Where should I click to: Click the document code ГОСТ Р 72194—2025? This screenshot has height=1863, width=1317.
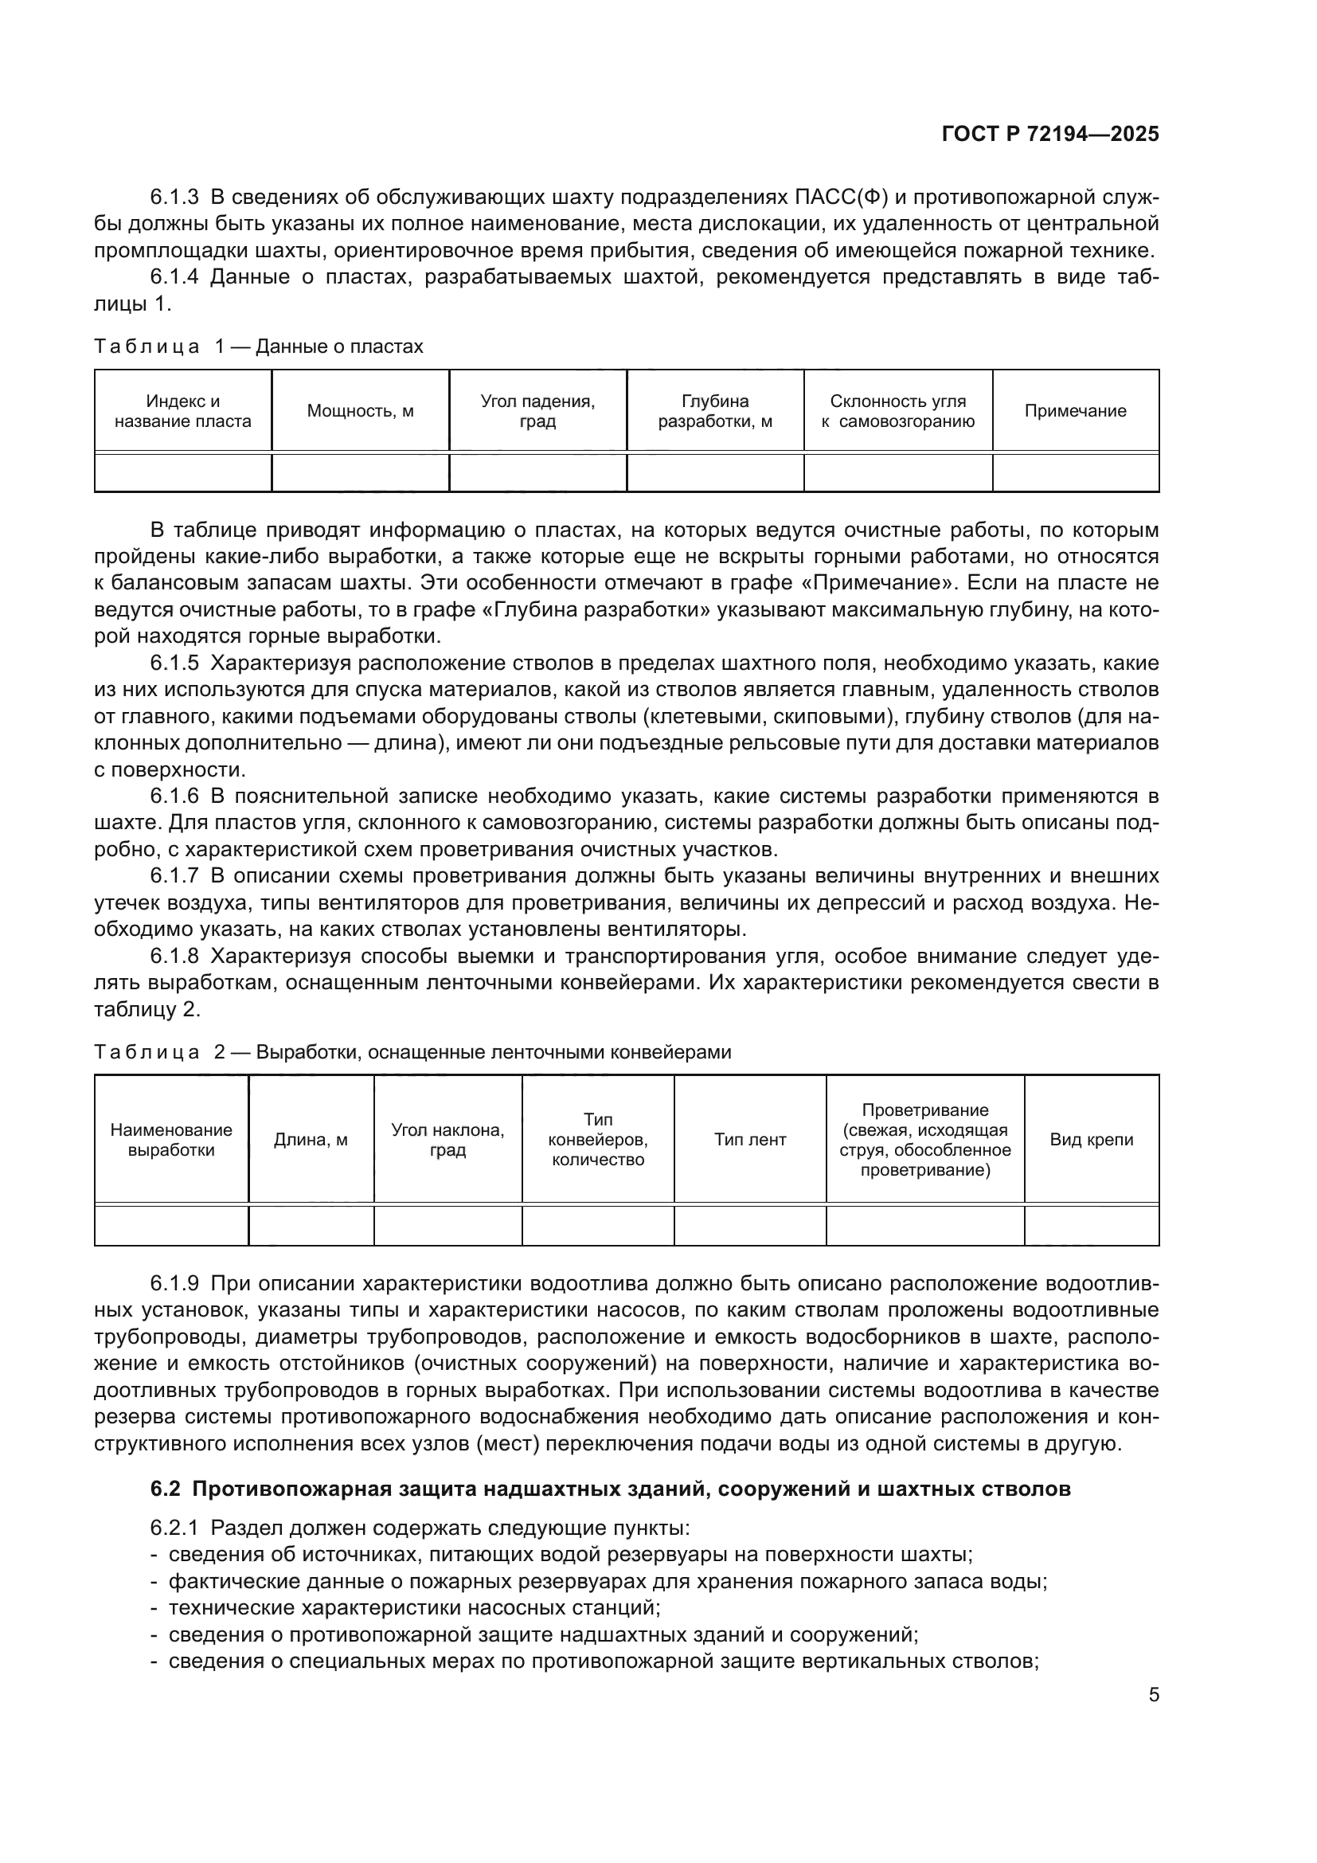point(1050,134)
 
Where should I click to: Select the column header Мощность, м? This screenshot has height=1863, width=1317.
point(360,410)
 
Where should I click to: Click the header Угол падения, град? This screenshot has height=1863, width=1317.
point(537,410)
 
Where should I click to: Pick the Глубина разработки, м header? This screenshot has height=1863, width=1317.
point(714,410)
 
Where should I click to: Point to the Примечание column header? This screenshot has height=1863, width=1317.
point(1075,410)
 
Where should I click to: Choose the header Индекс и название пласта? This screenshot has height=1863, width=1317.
point(182,410)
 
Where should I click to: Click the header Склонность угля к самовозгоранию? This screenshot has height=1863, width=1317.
point(897,410)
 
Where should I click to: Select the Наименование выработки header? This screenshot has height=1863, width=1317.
point(171,1139)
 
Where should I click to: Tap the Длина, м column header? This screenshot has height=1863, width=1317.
point(311,1139)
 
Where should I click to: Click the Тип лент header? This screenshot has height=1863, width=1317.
point(750,1139)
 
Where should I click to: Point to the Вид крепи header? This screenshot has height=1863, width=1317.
point(1092,1139)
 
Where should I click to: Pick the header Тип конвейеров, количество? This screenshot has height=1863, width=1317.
point(598,1139)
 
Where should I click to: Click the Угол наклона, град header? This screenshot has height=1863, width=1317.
point(447,1139)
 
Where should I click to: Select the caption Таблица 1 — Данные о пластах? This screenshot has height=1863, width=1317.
point(259,346)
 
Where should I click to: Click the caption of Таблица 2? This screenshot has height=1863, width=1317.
point(412,1051)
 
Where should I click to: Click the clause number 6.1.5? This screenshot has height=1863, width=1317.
point(174,663)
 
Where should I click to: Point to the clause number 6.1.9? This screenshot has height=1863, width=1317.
point(174,1283)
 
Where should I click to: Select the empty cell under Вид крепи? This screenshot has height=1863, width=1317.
point(1092,1225)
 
